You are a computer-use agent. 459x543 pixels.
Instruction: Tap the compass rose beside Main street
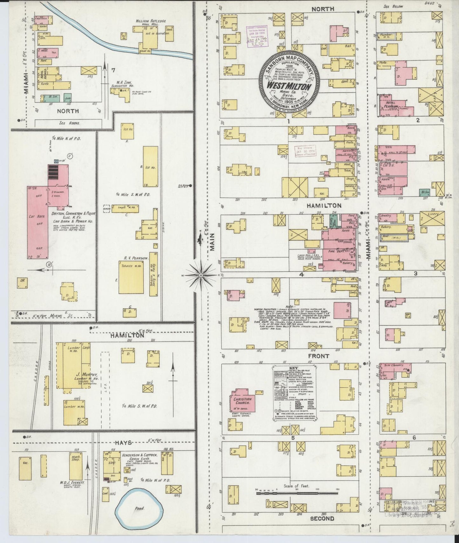coord(201,275)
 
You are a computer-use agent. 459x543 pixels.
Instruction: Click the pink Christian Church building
coord(244,401)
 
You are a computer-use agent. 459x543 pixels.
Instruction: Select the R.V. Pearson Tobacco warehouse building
coord(133,277)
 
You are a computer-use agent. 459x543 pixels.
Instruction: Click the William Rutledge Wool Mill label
coord(151,23)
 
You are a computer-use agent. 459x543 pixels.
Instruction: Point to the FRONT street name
coord(319,356)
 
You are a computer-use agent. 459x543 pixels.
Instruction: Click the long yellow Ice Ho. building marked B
coord(150,167)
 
